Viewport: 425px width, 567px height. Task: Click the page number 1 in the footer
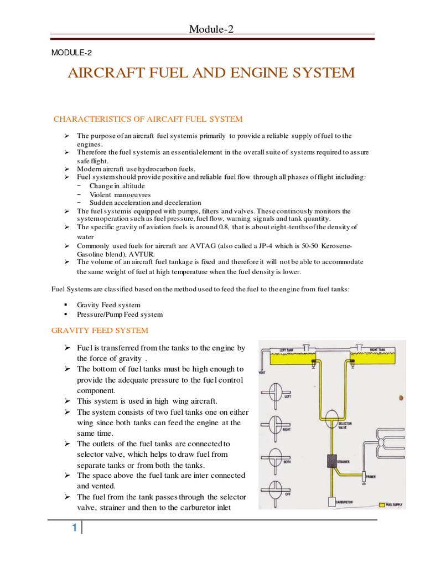coord(74,528)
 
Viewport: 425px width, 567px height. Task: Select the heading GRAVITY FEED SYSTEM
coord(100,331)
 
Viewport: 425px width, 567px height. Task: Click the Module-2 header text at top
coord(212,29)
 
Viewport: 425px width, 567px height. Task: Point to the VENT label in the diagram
coord(263,373)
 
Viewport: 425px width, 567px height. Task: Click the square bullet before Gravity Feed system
coord(65,305)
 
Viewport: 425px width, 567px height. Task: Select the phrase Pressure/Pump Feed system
coord(120,315)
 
